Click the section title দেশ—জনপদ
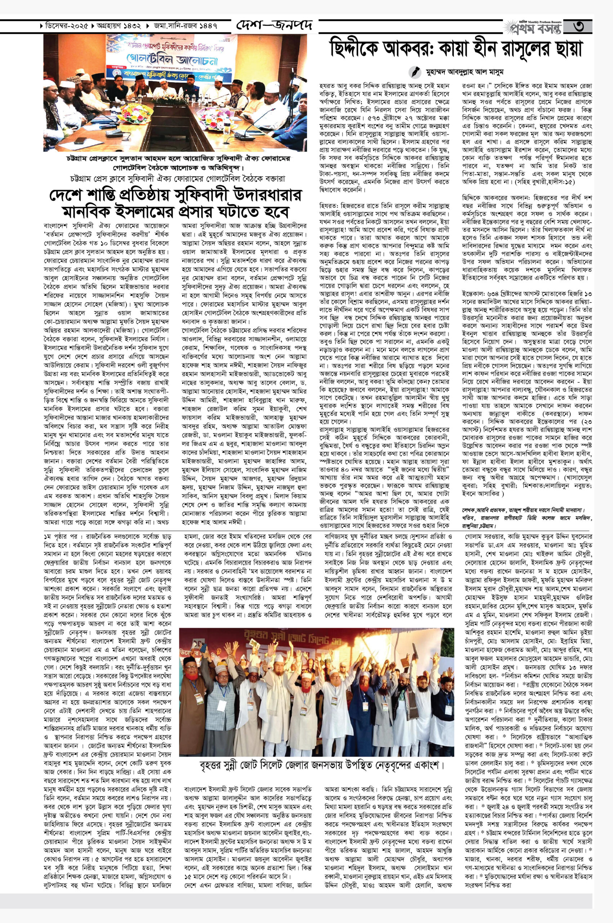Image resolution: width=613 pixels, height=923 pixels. tap(274, 27)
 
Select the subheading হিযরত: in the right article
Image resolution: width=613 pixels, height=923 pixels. tap(328, 204)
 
